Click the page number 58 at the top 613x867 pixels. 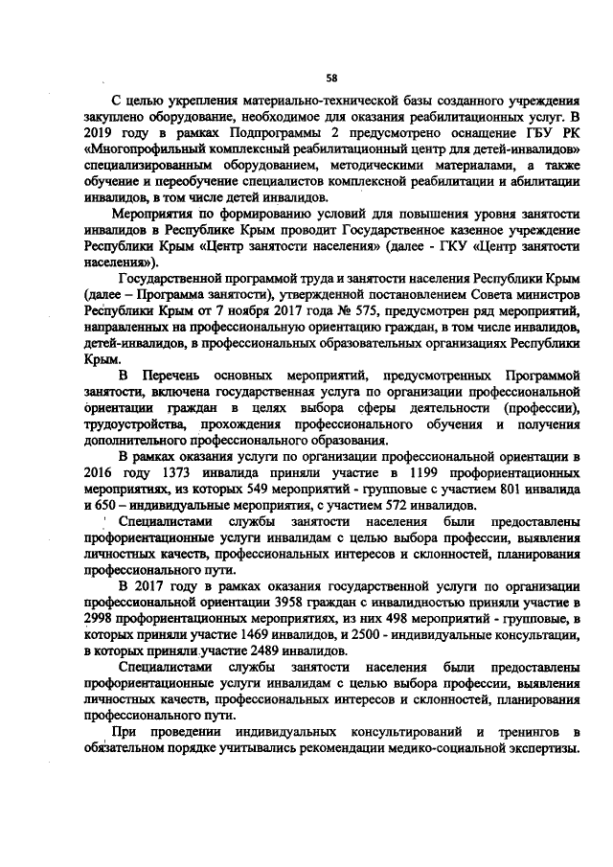[x=331, y=76]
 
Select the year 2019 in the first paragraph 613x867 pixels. [x=101, y=132]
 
